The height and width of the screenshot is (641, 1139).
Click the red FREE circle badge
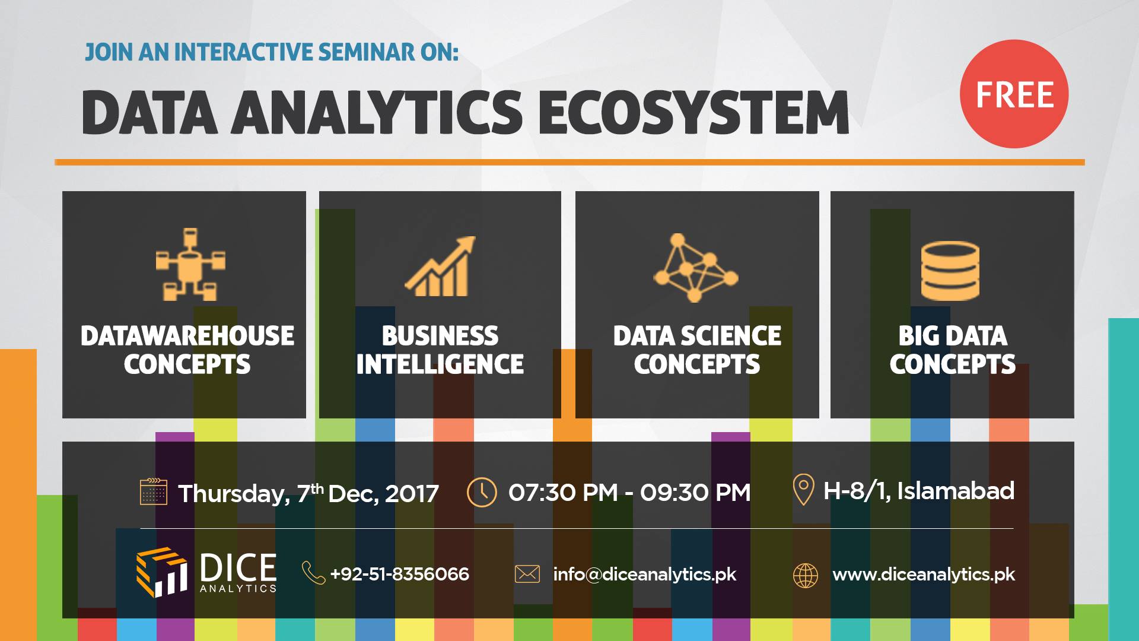[x=1014, y=94]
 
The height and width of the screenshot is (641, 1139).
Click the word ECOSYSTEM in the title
[x=693, y=113]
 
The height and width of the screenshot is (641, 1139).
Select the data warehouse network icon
[x=190, y=264]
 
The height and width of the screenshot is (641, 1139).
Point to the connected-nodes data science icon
[x=695, y=268]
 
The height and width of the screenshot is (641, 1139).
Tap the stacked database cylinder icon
[x=950, y=271]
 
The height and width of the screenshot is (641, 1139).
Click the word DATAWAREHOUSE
[x=187, y=336]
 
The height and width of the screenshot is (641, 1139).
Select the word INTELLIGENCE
[x=440, y=364]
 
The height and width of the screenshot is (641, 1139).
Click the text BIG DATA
[x=952, y=336]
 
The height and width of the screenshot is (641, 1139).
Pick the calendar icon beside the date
[x=153, y=492]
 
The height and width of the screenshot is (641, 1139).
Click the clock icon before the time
[x=482, y=492]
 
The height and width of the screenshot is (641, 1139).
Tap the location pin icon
[x=803, y=490]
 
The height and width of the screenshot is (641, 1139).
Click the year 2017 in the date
[x=412, y=494]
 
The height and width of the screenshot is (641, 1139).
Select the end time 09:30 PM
[x=695, y=493]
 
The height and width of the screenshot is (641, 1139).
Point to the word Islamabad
[x=955, y=491]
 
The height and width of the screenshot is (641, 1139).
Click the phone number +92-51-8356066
[x=399, y=575]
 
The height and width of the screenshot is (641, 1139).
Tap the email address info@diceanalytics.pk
[x=644, y=575]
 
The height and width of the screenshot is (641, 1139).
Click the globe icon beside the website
[x=805, y=575]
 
